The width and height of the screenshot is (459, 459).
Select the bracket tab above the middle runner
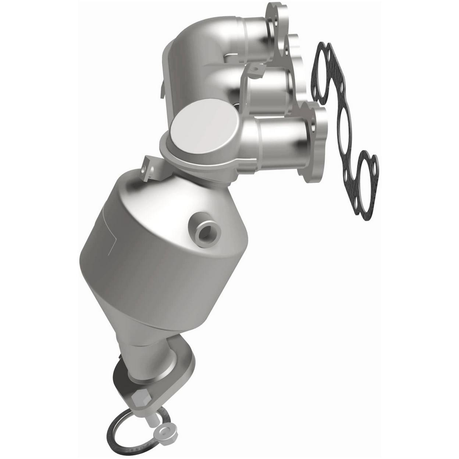pyautogui.click(x=258, y=68)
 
